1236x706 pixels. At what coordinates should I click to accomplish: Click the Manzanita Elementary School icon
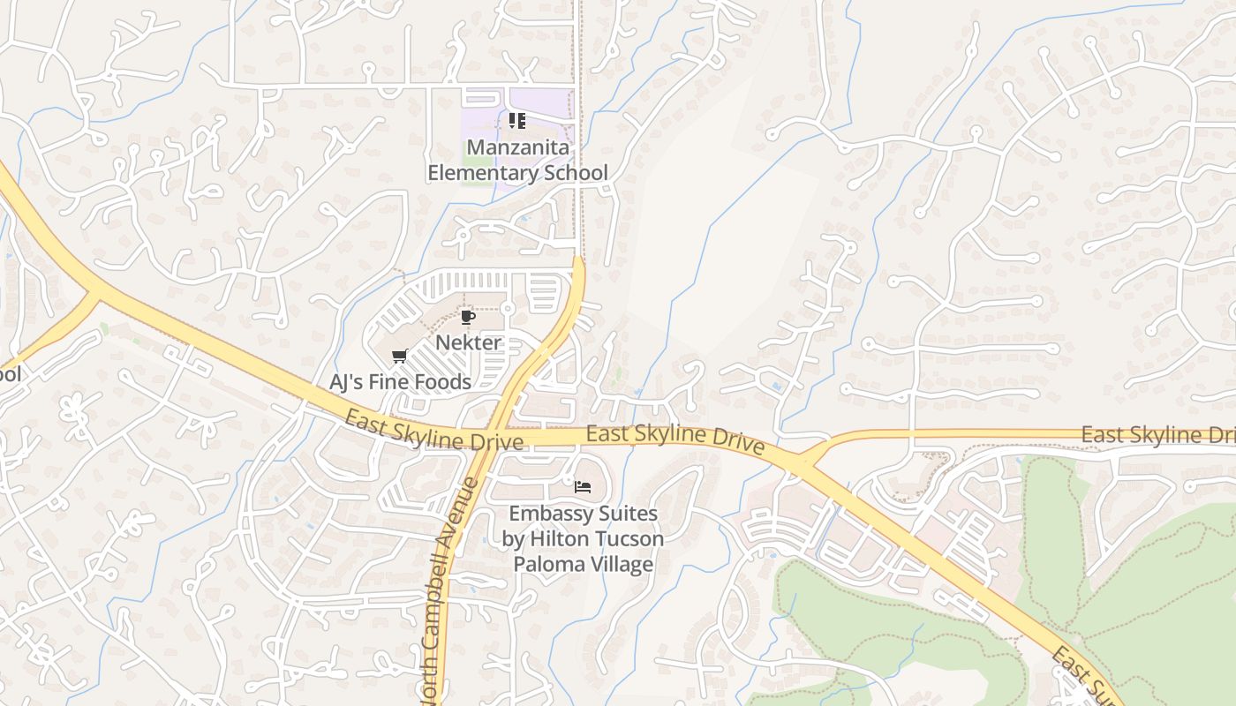(x=517, y=120)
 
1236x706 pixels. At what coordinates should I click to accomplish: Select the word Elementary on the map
(x=483, y=172)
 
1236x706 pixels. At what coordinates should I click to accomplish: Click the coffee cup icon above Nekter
(x=468, y=317)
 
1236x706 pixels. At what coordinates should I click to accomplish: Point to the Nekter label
(x=468, y=342)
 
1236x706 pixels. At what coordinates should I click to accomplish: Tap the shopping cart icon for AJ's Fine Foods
(x=399, y=357)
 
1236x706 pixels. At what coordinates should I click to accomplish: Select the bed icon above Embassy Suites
(x=582, y=486)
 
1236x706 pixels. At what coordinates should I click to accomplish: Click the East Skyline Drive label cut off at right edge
(x=1157, y=435)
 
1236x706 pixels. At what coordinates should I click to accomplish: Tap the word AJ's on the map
(x=347, y=382)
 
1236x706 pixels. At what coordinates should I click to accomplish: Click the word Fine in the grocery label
(x=392, y=382)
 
